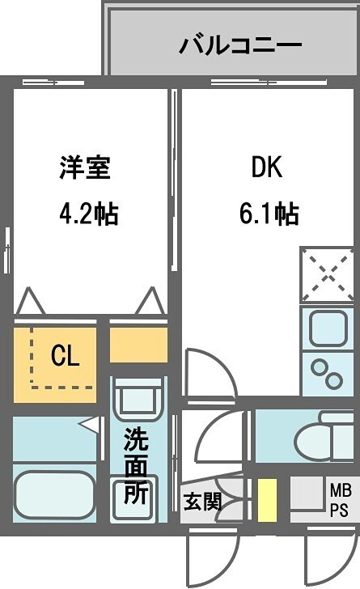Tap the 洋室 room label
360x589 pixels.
[84, 168]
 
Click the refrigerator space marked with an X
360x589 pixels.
[327, 274]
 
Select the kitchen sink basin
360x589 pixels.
[326, 331]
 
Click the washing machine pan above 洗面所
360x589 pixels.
[137, 399]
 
